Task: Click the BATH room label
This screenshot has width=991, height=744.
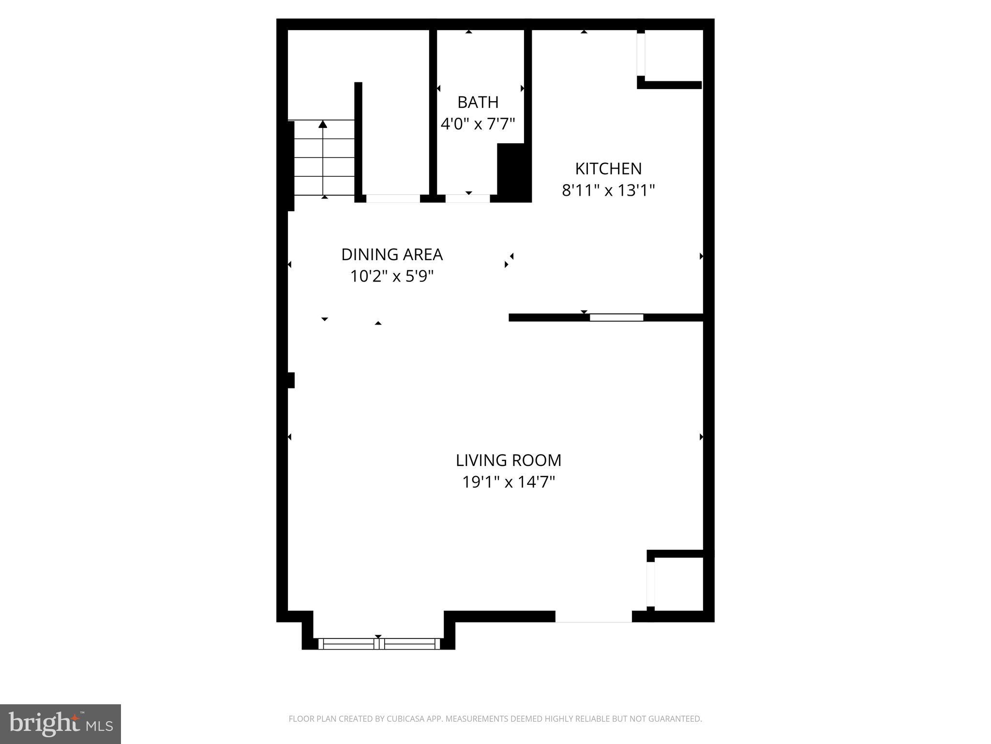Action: (x=478, y=102)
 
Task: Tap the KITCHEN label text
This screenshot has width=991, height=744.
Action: (x=608, y=169)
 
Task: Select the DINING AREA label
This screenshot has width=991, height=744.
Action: (x=392, y=254)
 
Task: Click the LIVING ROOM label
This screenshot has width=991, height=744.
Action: (x=509, y=460)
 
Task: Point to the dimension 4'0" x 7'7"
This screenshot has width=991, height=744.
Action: (x=478, y=124)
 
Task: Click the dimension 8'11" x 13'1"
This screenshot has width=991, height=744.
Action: (x=608, y=190)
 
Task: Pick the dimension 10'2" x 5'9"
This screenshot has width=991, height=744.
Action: (x=392, y=277)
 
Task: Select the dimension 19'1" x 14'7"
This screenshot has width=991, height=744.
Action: (x=509, y=482)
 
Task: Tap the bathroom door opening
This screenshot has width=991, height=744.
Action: (x=467, y=199)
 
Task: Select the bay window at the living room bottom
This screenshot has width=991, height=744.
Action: (x=378, y=644)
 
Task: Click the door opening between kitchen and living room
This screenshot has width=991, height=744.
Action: (x=616, y=318)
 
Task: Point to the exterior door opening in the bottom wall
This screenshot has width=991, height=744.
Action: (x=593, y=616)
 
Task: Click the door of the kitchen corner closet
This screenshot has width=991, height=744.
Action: (x=641, y=55)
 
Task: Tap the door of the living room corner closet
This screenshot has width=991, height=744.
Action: (x=651, y=584)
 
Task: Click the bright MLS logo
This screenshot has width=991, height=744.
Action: (x=60, y=724)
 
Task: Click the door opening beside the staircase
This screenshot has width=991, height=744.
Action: (x=393, y=199)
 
